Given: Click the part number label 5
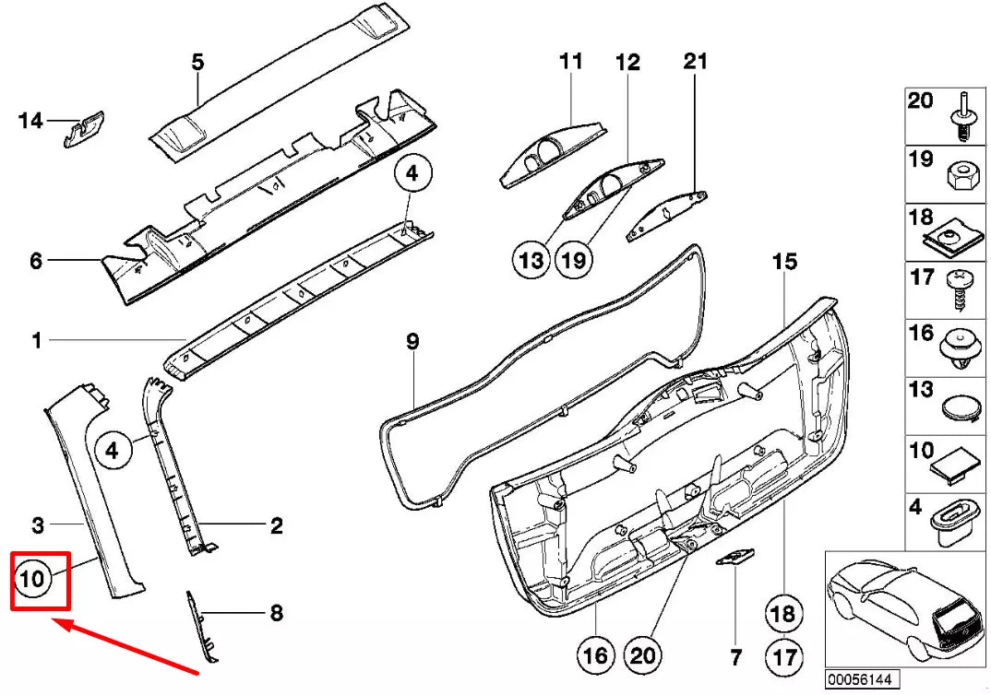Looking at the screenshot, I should [x=197, y=63].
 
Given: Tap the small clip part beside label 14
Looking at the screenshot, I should [x=83, y=128].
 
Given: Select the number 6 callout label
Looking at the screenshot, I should [x=35, y=261].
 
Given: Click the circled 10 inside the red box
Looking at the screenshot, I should [x=31, y=580].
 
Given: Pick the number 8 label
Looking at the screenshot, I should [x=275, y=613].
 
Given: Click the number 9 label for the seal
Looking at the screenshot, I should [x=412, y=342].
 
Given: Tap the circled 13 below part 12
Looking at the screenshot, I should [x=531, y=261].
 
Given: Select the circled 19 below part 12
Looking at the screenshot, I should [x=573, y=261].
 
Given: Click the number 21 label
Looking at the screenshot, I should [x=695, y=62].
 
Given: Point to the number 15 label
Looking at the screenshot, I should [x=783, y=263].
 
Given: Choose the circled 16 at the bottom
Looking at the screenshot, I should [x=596, y=655].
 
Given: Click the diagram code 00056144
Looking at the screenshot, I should [x=858, y=678].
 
